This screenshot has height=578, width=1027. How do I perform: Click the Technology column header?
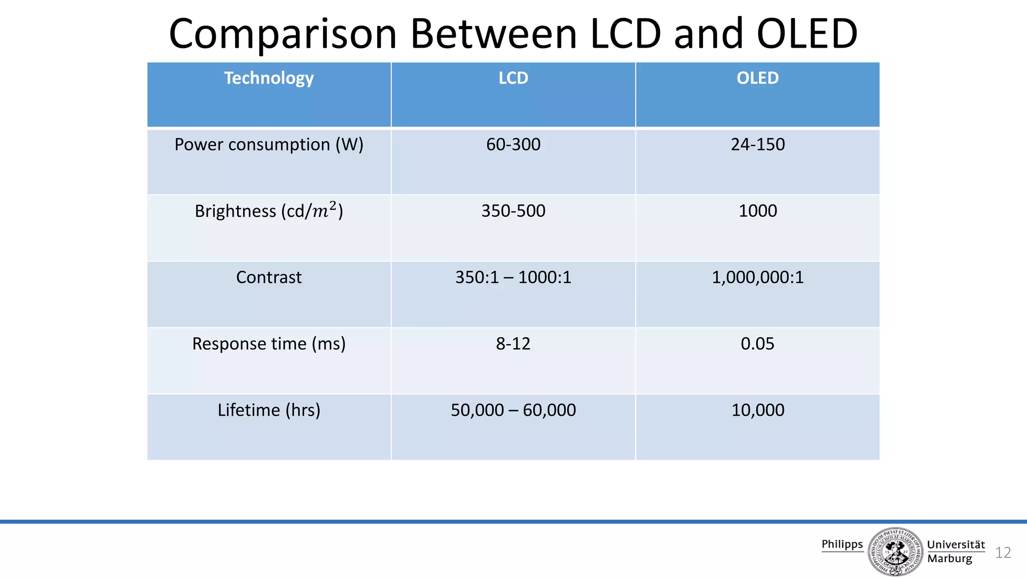269,78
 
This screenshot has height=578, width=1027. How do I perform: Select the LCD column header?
513,78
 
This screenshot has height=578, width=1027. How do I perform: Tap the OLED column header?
757,78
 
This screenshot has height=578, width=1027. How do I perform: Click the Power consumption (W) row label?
269,144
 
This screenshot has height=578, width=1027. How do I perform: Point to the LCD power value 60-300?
513,144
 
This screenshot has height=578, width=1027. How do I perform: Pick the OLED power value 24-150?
757,144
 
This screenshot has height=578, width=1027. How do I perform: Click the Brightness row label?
269,211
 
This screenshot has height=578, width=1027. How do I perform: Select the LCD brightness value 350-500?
513,211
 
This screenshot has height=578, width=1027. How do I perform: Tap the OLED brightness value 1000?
757,211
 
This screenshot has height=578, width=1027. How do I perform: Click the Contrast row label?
269,277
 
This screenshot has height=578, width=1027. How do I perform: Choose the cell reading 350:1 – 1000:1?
513,277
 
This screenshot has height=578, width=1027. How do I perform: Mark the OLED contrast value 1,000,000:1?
757,277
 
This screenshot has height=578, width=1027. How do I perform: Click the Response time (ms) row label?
269,344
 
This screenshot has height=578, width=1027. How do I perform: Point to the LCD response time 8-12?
513,344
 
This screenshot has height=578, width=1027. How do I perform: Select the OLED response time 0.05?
757,344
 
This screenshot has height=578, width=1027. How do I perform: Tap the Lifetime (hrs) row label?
269,410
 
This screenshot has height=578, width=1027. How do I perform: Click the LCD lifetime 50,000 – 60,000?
513,410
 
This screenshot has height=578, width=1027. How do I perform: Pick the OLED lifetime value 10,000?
757,410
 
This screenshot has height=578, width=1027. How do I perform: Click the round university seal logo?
895,551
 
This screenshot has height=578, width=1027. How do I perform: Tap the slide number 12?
1002,552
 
